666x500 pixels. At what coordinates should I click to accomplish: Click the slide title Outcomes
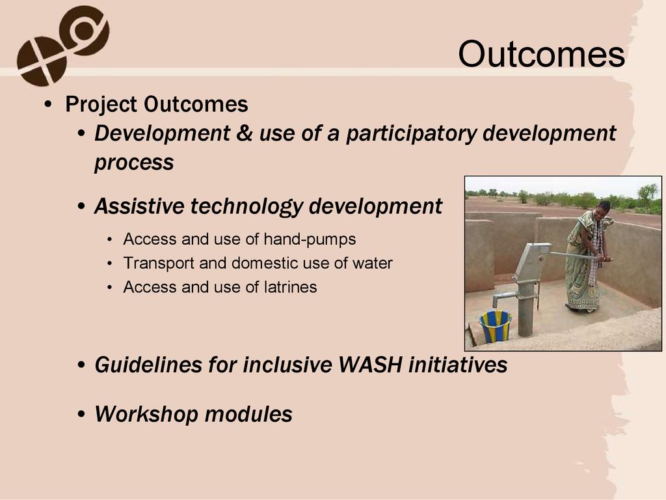point(541,54)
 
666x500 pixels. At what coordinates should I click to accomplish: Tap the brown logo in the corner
point(63,46)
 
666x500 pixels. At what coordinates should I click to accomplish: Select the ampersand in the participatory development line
point(245,133)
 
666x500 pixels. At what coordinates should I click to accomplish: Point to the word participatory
point(411,134)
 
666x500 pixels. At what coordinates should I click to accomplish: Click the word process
point(134,163)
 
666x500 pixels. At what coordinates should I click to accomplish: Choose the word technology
point(246,207)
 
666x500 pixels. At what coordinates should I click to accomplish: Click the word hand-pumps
point(310,240)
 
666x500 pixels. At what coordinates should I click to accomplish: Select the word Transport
point(158,264)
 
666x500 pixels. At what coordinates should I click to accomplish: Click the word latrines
point(290,287)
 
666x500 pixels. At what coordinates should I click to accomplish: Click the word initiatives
point(458,365)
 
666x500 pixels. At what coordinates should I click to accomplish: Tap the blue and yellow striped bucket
point(495,326)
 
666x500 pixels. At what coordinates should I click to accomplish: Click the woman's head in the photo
point(603,209)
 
